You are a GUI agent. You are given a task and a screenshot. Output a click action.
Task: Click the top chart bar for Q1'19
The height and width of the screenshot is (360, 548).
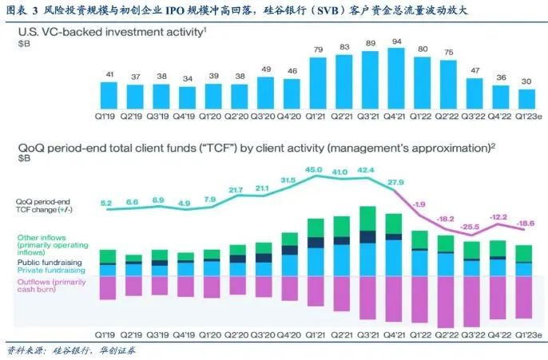pos(108,95)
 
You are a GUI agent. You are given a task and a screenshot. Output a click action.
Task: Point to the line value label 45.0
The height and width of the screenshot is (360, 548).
pos(315,169)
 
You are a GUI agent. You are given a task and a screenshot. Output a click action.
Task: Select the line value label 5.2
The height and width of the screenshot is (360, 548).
pos(107,203)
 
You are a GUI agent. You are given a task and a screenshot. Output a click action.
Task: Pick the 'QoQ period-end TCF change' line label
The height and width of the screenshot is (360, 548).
pos(43,206)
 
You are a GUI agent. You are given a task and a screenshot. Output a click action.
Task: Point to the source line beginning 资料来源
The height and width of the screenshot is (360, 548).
pos(63,350)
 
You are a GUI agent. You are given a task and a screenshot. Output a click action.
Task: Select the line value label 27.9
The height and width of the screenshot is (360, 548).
pos(395,183)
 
